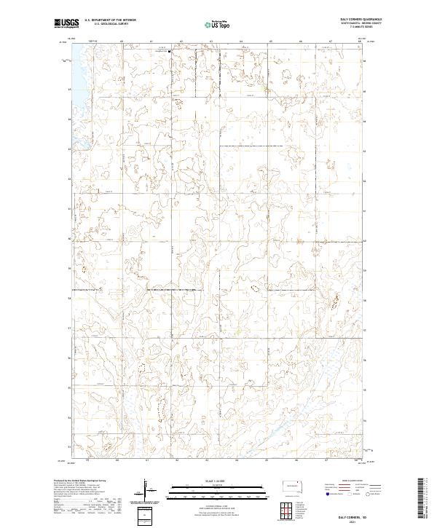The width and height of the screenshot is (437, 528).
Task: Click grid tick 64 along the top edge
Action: point(240,42)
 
